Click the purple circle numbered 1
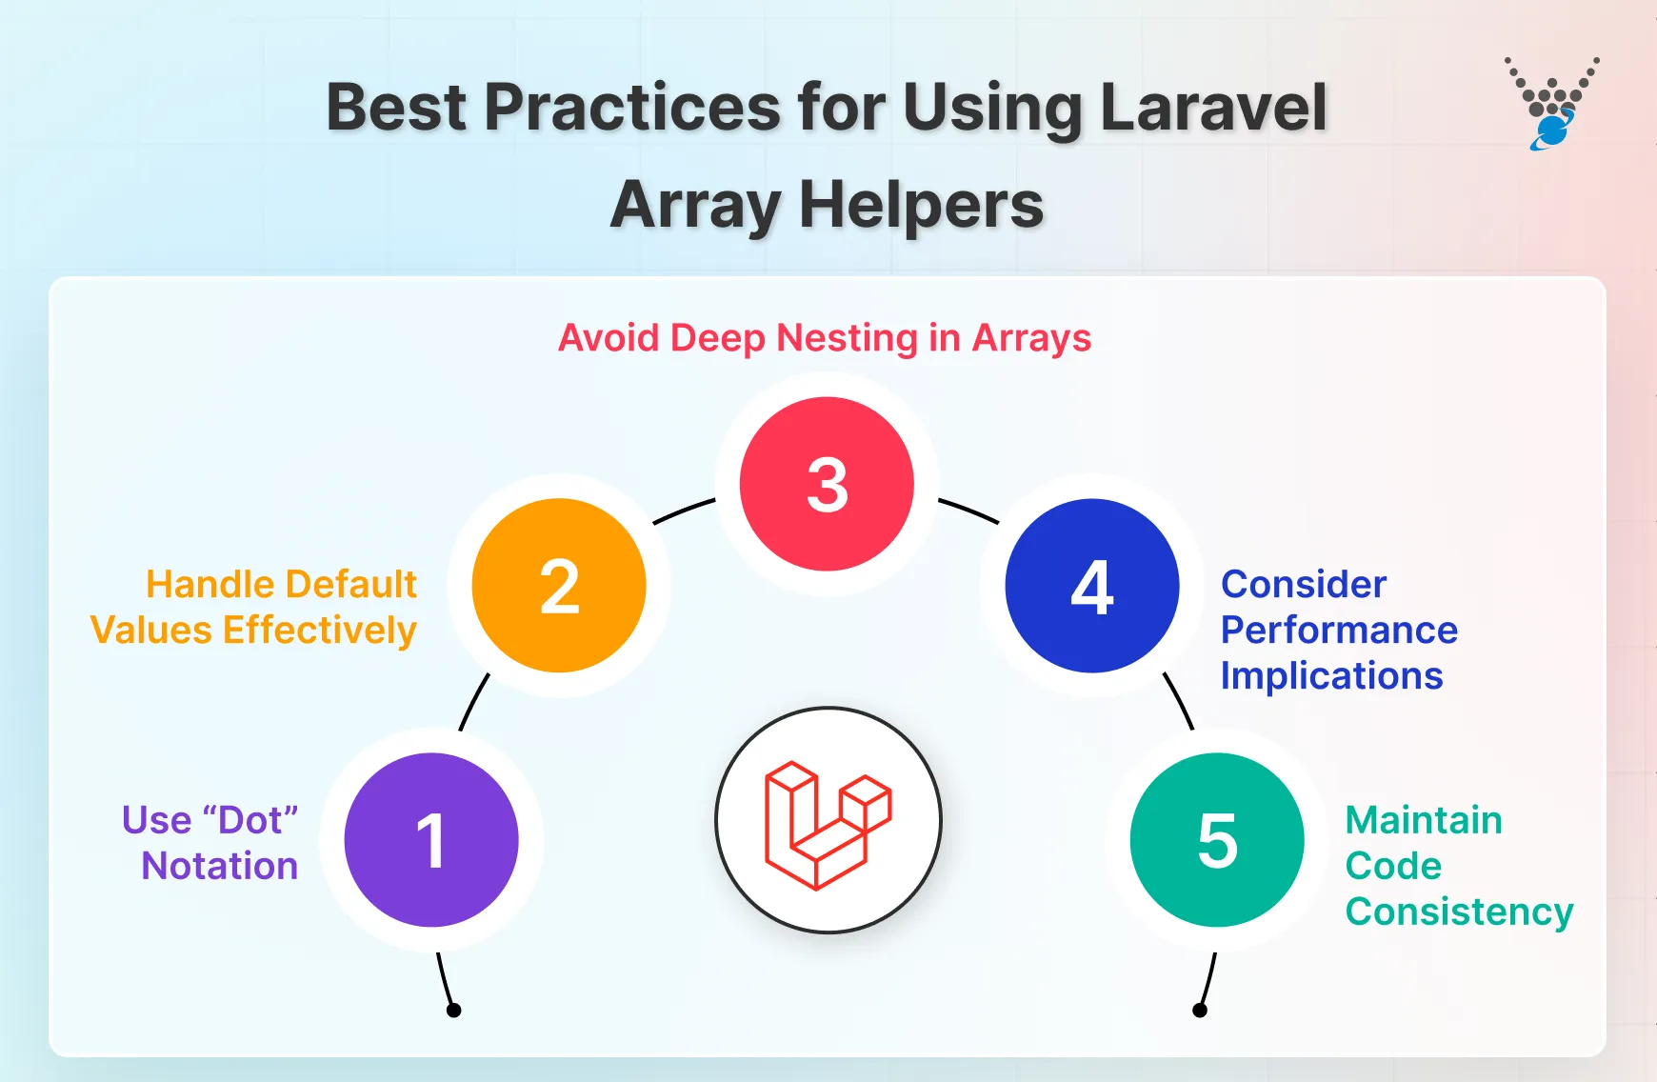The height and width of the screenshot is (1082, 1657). pyautogui.click(x=431, y=840)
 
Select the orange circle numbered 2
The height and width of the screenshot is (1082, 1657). pyautogui.click(x=559, y=586)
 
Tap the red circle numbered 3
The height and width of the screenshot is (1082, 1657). pyautogui.click(x=827, y=484)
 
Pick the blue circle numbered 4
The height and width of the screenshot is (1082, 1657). pyautogui.click(x=1092, y=586)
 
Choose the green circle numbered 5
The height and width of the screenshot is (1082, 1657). pyautogui.click(x=1217, y=840)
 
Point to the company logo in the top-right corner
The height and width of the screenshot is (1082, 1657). pyautogui.click(x=1551, y=104)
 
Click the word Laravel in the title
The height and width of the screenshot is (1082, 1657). pyautogui.click(x=1213, y=107)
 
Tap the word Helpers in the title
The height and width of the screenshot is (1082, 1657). pyautogui.click(x=921, y=205)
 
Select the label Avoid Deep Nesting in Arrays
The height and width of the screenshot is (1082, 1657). pyautogui.click(x=825, y=338)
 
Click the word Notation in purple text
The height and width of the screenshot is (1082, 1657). pyautogui.click(x=220, y=866)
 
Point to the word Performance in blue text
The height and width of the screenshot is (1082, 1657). pyautogui.click(x=1339, y=630)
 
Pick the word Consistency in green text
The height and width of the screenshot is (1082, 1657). pyautogui.click(x=1459, y=912)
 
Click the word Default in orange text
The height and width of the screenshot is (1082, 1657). pyautogui.click(x=351, y=584)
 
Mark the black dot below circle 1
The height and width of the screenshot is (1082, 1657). pyautogui.click(x=454, y=1011)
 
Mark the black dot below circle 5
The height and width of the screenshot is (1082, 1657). pyautogui.click(x=1200, y=1011)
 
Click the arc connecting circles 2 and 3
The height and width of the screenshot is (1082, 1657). pyautogui.click(x=683, y=511)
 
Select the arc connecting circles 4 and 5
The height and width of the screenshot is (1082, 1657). pyautogui.click(x=1179, y=701)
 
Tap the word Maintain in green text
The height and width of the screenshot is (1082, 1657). pyautogui.click(x=1424, y=820)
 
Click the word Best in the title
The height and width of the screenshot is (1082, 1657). pyautogui.click(x=397, y=107)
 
